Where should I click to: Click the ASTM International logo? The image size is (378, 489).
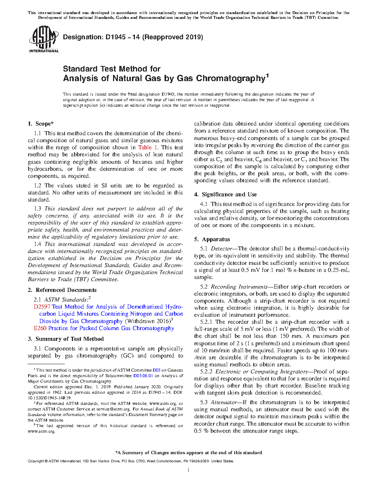[x=44, y=39]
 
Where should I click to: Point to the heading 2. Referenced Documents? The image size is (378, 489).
[x=62, y=290]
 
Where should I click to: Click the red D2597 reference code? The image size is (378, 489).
[x=42, y=307]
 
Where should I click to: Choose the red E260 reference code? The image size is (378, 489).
[x=40, y=328]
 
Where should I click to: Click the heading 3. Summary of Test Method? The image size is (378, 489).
[x=66, y=339]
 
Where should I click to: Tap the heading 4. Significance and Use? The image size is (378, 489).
[x=226, y=194]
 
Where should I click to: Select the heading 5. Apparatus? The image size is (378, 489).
[x=212, y=239]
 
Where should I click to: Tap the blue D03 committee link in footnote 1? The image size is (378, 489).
[x=156, y=370]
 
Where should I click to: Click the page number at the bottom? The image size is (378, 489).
[x=189, y=470]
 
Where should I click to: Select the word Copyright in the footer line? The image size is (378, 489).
[x=36, y=461]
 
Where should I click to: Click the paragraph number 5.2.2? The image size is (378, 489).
[x=206, y=372]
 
